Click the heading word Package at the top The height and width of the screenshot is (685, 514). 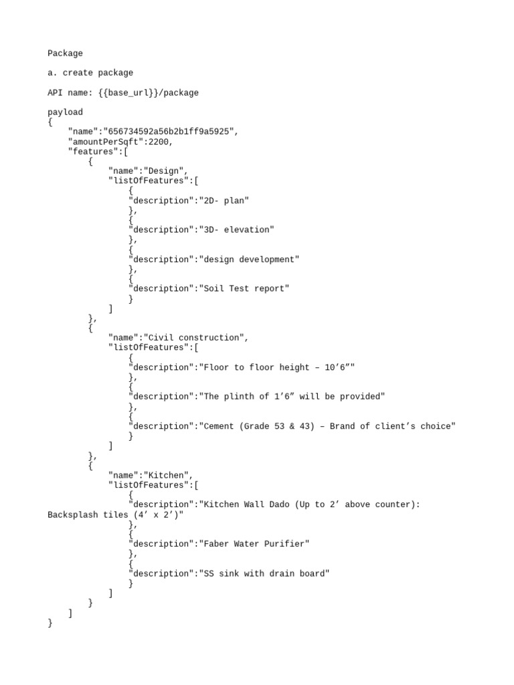point(66,54)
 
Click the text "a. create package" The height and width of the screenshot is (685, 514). point(90,73)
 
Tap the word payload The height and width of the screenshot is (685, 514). point(66,112)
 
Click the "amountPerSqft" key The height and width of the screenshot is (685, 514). point(108,142)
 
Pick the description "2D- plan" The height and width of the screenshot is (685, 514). point(225,201)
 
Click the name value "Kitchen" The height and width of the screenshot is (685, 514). point(169,475)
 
